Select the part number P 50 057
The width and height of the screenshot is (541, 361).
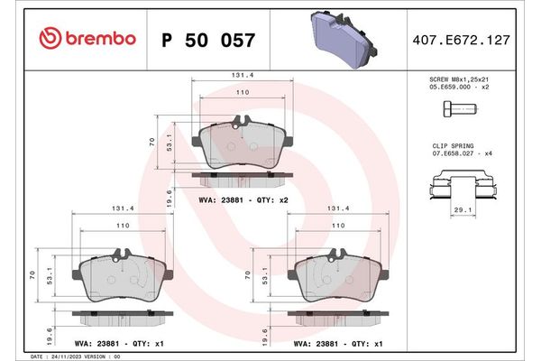pos(207,40)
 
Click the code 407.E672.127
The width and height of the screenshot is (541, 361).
pos(473,40)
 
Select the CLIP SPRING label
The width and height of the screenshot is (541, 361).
pos(452,143)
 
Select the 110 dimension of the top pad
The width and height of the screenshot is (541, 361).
pos(242,93)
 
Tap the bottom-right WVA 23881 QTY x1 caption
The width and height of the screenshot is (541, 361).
pos(337,343)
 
